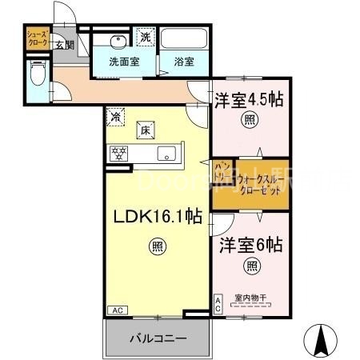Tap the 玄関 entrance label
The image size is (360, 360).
pos(65,45)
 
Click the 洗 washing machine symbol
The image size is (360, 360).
pos(146,37)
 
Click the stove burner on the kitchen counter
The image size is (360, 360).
pos(119,154)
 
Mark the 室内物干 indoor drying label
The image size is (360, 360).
pos(251,298)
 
